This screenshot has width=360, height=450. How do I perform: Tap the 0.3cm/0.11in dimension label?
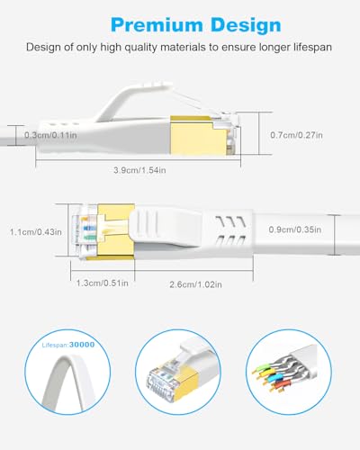[x=51, y=134]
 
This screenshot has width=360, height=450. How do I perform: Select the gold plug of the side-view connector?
[x=204, y=135]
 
